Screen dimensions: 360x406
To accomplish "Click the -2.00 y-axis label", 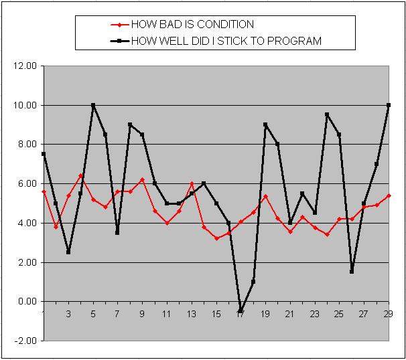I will click(25, 341).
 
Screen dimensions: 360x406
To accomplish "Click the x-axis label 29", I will click(388, 314).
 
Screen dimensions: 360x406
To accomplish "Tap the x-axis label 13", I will click(192, 314).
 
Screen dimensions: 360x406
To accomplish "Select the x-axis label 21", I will click(289, 314).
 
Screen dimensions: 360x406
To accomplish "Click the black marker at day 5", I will click(93, 105).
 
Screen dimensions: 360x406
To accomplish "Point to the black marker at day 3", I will click(68, 252).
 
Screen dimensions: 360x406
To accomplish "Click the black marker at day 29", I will click(389, 105).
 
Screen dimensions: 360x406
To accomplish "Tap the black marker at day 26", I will click(352, 272).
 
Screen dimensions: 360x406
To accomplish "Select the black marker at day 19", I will click(265, 124).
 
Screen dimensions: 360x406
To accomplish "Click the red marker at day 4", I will click(80, 176).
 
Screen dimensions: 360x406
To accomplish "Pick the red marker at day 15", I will click(216, 238).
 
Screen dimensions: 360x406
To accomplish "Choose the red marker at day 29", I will click(389, 195).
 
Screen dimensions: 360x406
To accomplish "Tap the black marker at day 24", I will click(327, 114).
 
